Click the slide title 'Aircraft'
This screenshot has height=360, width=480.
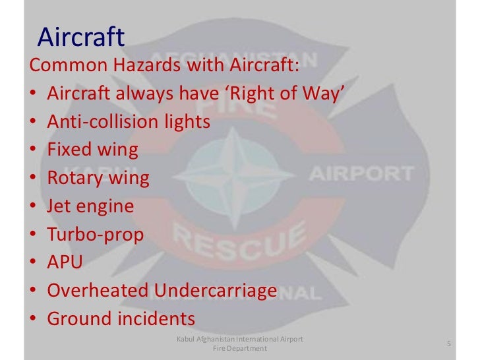pyautogui.click(x=80, y=38)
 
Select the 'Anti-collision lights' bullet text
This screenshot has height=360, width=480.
pyautogui.click(x=129, y=122)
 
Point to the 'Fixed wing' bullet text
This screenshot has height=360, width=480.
pyautogui.click(x=92, y=150)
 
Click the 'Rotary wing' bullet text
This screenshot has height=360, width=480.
pyautogui.click(x=98, y=178)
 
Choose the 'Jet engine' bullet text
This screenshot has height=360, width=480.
pyautogui.click(x=90, y=206)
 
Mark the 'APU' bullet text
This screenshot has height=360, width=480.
pyautogui.click(x=65, y=262)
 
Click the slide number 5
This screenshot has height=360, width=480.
pyautogui.click(x=448, y=344)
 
